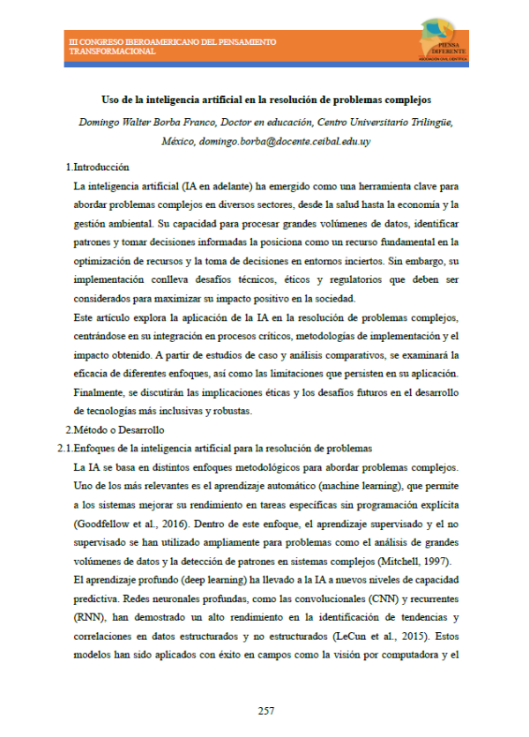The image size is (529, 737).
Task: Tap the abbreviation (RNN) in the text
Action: click(x=89, y=617)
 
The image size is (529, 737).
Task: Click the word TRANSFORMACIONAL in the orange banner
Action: click(x=112, y=51)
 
